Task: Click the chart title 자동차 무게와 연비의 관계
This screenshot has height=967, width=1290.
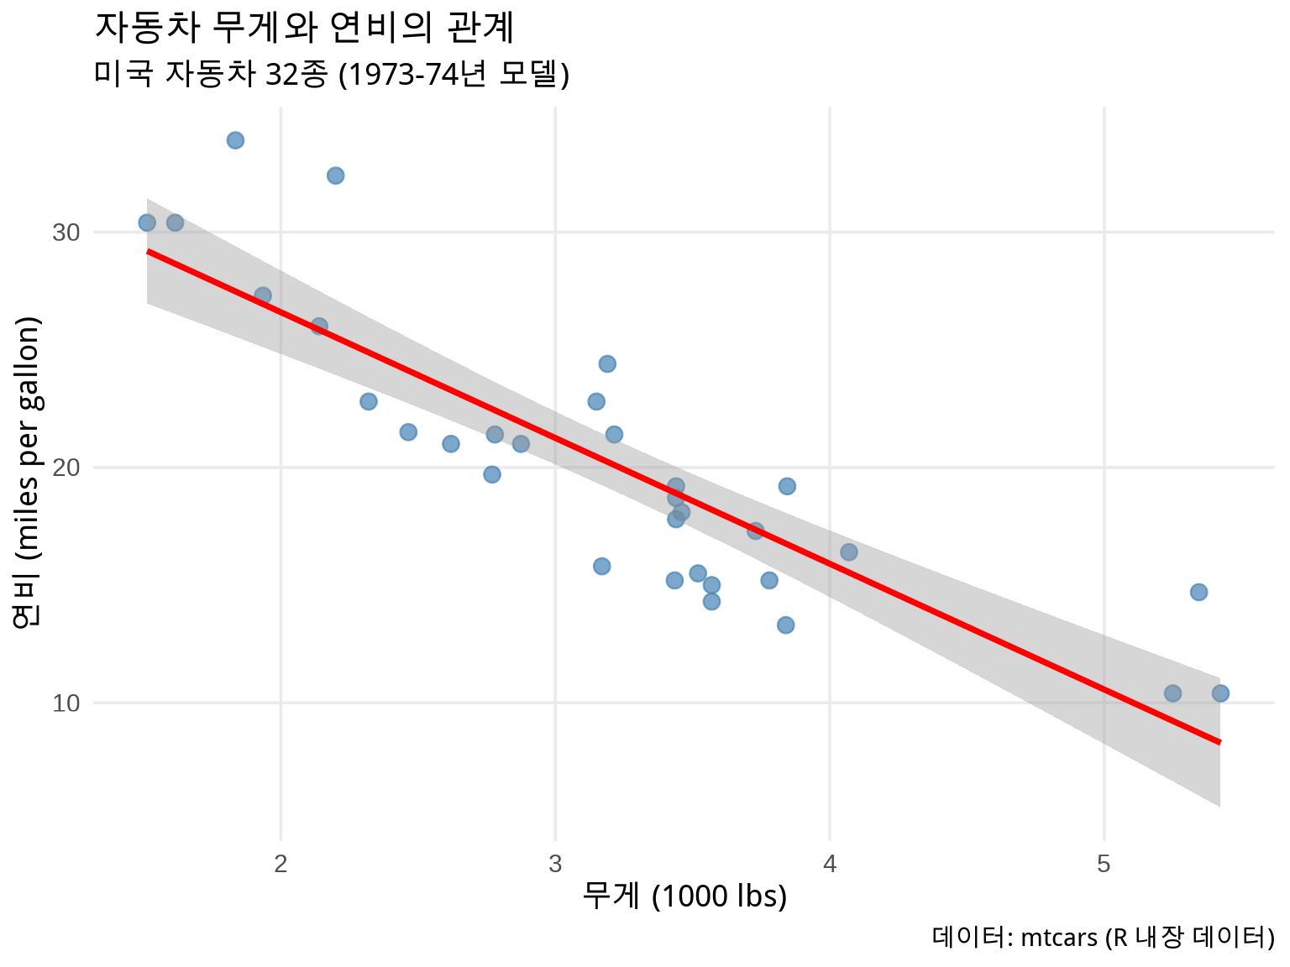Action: pyautogui.click(x=304, y=29)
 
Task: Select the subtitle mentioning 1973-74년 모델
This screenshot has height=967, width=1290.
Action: pyautogui.click(x=332, y=75)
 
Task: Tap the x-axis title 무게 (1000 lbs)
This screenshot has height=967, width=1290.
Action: pyautogui.click(x=684, y=896)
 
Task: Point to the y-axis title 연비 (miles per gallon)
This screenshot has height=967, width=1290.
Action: pyautogui.click(x=27, y=472)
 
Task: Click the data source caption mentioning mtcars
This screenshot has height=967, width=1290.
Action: pyautogui.click(x=1103, y=937)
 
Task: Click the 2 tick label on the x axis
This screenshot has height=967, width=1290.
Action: pyautogui.click(x=281, y=864)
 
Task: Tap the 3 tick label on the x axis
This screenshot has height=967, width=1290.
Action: pyautogui.click(x=555, y=864)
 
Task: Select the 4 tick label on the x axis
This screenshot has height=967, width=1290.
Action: pyautogui.click(x=830, y=864)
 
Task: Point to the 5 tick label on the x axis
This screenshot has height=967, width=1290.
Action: pyautogui.click(x=1104, y=864)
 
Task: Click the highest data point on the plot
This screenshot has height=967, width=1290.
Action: pyautogui.click(x=235, y=140)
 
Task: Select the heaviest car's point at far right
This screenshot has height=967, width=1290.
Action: pyautogui.click(x=1220, y=693)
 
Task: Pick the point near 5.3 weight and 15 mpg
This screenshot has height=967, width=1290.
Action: pyautogui.click(x=1198, y=592)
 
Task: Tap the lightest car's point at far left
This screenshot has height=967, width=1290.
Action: pyautogui.click(x=147, y=222)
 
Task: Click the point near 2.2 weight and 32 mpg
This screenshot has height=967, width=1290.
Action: pyautogui.click(x=335, y=175)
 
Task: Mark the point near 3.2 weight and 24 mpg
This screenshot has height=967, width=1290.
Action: pyautogui.click(x=607, y=363)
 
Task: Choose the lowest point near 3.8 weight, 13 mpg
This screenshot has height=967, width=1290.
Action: pyautogui.click(x=785, y=625)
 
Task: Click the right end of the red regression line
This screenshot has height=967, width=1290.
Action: pyautogui.click(x=1219, y=742)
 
